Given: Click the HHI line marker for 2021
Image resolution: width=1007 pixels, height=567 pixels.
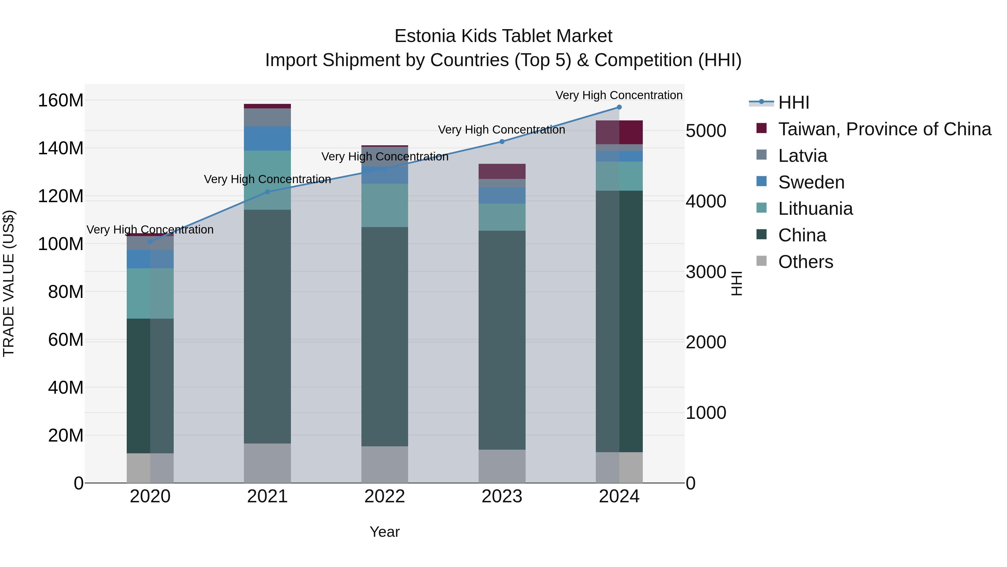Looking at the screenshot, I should coord(267,192).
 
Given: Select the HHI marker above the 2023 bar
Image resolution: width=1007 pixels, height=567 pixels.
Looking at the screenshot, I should coord(502,142).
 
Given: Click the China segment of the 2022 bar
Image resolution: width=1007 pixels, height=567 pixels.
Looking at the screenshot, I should coord(385,337).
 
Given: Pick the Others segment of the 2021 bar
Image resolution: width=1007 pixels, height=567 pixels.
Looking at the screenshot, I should coord(267,463).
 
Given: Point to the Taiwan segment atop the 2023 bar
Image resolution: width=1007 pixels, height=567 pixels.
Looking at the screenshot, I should coord(502,171).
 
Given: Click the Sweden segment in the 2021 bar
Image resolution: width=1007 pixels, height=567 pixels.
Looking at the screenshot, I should coord(267,139).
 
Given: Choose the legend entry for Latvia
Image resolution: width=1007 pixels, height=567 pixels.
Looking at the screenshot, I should coord(802,156).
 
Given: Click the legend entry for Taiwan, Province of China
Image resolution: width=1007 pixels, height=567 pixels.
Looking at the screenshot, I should coord(884,129).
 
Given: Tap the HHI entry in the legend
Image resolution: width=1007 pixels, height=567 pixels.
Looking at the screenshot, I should coord(793,102).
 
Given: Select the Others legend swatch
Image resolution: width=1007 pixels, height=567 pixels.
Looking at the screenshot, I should coord(761,261).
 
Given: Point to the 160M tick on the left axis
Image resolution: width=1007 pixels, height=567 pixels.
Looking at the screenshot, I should coord(61,101).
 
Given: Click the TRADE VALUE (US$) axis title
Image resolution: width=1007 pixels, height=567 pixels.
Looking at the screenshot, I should coord(9,283).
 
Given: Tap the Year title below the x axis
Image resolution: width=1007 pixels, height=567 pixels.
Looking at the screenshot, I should coord(385,532).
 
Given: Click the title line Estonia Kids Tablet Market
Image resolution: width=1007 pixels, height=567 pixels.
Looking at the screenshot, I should coord(503,36).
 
